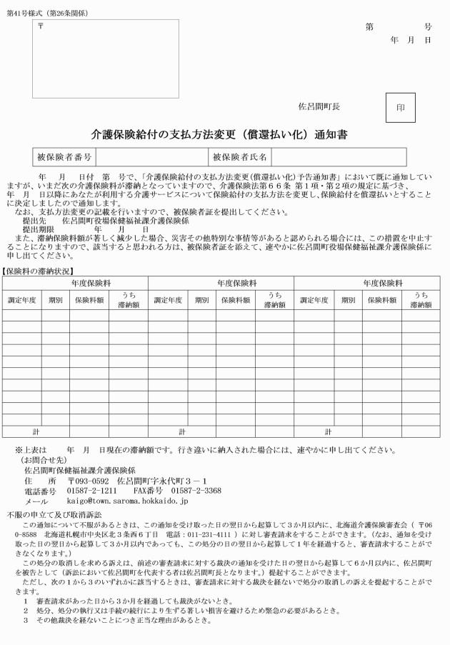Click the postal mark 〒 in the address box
(41, 26)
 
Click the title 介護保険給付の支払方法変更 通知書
(219, 134)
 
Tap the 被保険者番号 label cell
(64, 156)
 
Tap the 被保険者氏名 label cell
(239, 156)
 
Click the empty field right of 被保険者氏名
(339, 156)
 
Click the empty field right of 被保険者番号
(151, 156)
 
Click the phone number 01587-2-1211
(93, 491)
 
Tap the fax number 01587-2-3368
(196, 491)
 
